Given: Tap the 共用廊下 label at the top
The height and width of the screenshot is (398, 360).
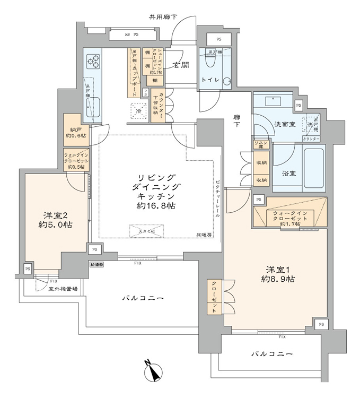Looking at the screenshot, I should coord(160,17).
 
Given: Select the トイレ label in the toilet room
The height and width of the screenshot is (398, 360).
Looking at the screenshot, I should coord(209,80).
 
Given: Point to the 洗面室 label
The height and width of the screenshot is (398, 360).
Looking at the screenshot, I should coord(270,124).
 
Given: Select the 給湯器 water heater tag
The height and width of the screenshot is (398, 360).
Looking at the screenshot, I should coord(96,263).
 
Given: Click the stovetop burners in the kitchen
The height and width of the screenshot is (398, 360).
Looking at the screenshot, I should coord(94,63).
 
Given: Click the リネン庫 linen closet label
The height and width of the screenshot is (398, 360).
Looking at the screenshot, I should coord(260,145).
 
